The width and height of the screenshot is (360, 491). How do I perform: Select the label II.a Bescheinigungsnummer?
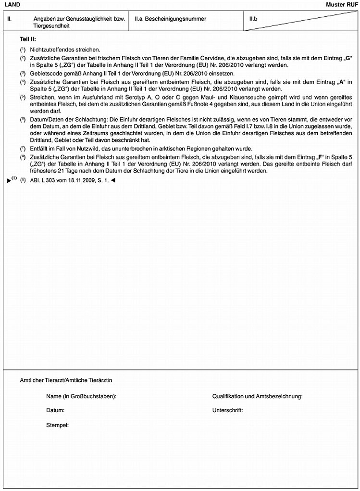[x=171, y=19]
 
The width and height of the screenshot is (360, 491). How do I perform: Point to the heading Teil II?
[x=28, y=38]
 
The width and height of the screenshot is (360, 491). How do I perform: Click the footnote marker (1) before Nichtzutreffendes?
[x=23, y=50]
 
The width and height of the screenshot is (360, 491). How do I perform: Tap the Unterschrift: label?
[x=227, y=411]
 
